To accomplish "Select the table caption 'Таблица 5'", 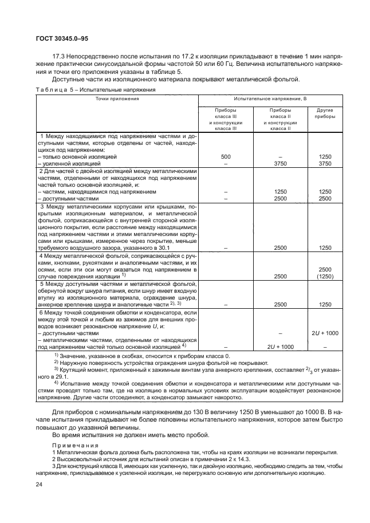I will pyautogui.click(x=54, y=91).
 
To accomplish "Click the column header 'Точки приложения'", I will pyautogui.click(x=117, y=99).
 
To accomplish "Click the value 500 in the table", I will pyautogui.click(x=225, y=156).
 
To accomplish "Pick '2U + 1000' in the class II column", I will pyautogui.click(x=280, y=347).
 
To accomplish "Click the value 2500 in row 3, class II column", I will pyautogui.click(x=280, y=247).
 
